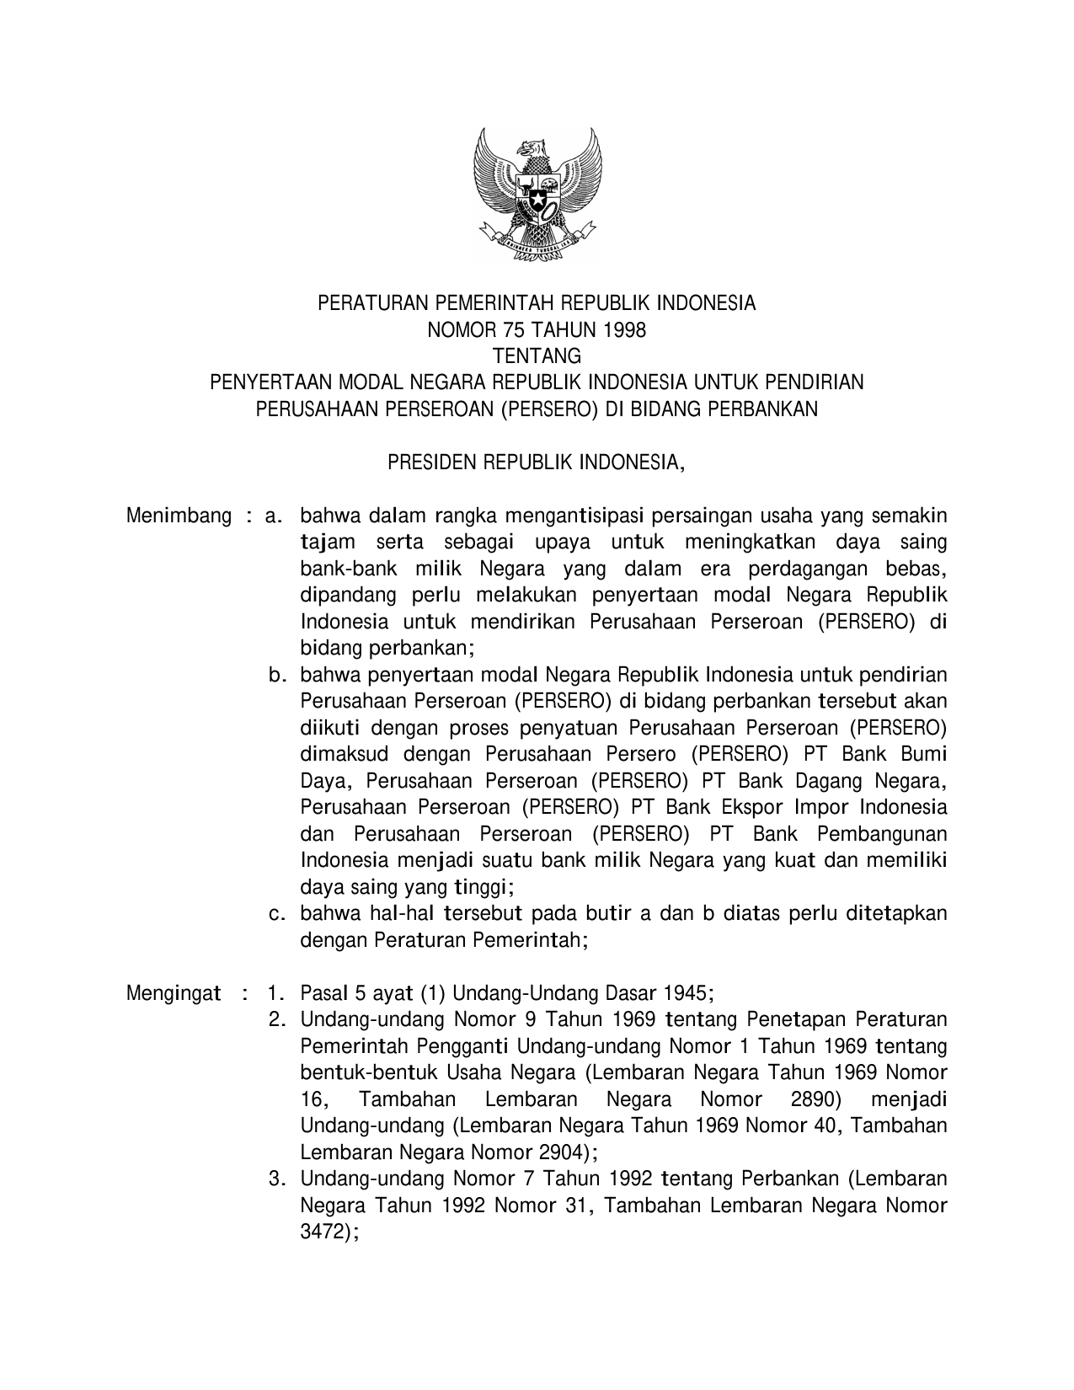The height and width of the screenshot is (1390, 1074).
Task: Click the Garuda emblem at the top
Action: click(537, 195)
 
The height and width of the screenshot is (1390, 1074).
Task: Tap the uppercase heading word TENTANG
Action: click(537, 356)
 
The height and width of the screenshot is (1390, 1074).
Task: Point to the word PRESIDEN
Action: click(429, 462)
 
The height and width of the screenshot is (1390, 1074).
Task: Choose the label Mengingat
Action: click(174, 992)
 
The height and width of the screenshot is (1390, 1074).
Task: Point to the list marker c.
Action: click(275, 914)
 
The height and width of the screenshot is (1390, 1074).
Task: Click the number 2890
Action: click(814, 1099)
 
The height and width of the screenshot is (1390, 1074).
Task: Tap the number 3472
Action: click(323, 1232)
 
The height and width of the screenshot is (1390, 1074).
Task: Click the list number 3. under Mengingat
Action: click(275, 1179)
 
